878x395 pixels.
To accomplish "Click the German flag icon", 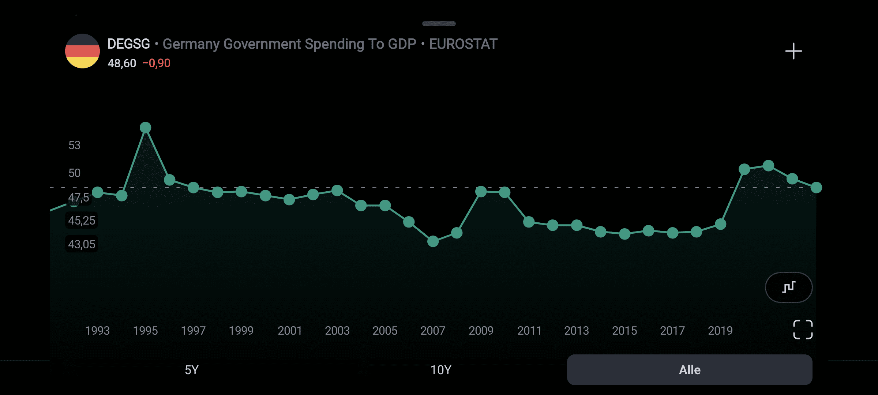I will click(x=82, y=51).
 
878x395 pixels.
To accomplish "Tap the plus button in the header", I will click(x=793, y=51).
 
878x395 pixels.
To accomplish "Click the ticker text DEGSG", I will click(x=128, y=44).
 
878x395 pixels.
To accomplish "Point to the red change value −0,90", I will click(x=157, y=63).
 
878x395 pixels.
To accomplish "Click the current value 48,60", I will click(x=122, y=63).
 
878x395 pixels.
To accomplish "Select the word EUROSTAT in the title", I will click(x=463, y=44).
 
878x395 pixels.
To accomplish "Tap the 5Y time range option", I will click(x=191, y=370).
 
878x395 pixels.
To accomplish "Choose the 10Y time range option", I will click(x=440, y=370).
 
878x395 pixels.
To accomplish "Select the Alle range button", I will click(x=690, y=370).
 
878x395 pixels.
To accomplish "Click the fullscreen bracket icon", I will click(x=803, y=330).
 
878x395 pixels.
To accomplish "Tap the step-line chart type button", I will click(x=789, y=287).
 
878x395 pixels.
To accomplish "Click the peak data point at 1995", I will click(x=146, y=128).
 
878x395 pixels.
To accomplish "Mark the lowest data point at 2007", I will click(x=433, y=241).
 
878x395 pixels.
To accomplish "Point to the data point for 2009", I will click(x=481, y=191).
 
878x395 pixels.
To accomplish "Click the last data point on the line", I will click(x=816, y=188).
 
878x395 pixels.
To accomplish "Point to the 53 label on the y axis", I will click(x=74, y=145).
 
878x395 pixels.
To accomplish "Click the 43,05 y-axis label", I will click(x=82, y=244).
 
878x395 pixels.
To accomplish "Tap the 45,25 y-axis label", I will click(x=82, y=221).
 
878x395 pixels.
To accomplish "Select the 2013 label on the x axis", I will click(x=577, y=331).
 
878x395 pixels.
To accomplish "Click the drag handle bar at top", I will click(x=439, y=24).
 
